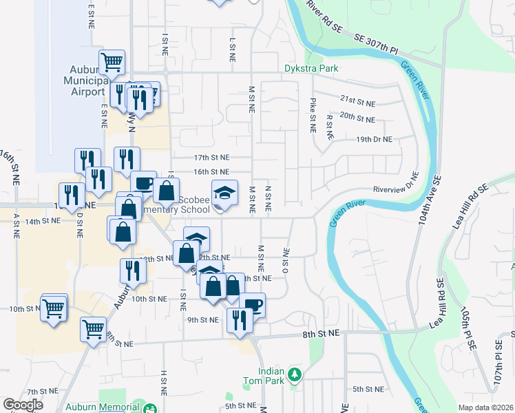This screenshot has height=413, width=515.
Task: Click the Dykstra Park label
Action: coord(311,69)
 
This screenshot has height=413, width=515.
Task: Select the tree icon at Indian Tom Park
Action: coord(295,374)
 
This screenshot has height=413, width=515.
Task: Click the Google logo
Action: coord(23,405)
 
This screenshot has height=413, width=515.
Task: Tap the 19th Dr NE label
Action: coord(374,139)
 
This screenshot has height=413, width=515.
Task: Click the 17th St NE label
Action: coord(210,158)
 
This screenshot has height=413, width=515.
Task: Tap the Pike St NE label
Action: coord(313,109)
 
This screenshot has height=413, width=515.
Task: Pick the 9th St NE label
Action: coord(202,319)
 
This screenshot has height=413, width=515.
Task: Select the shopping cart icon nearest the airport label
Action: coord(112,62)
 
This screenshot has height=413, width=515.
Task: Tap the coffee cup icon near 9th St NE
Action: coord(253,304)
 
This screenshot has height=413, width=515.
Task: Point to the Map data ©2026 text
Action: coord(486,407)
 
